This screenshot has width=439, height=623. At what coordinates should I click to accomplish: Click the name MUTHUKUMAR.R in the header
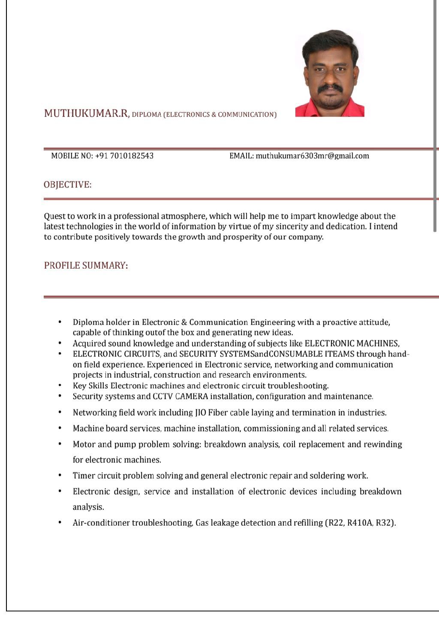pos(86,113)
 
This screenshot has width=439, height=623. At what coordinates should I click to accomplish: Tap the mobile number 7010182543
pos(132,156)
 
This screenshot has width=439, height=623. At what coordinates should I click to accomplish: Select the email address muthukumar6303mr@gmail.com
pos(312,156)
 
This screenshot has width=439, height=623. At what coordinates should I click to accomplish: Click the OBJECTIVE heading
pos(67,185)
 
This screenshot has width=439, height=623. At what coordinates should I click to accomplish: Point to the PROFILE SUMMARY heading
pos(86,266)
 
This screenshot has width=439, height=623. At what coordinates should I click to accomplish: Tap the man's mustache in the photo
pos(330,88)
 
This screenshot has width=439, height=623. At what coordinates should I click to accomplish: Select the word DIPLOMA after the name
pos(146,115)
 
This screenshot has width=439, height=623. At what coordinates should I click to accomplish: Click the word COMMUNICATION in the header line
pos(247,115)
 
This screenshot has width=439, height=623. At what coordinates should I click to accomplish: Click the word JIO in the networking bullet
pos(200,413)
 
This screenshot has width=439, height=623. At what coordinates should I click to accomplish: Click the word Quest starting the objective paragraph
pos(54,216)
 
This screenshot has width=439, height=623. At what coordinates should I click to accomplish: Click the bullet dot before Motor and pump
pos(60,444)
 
